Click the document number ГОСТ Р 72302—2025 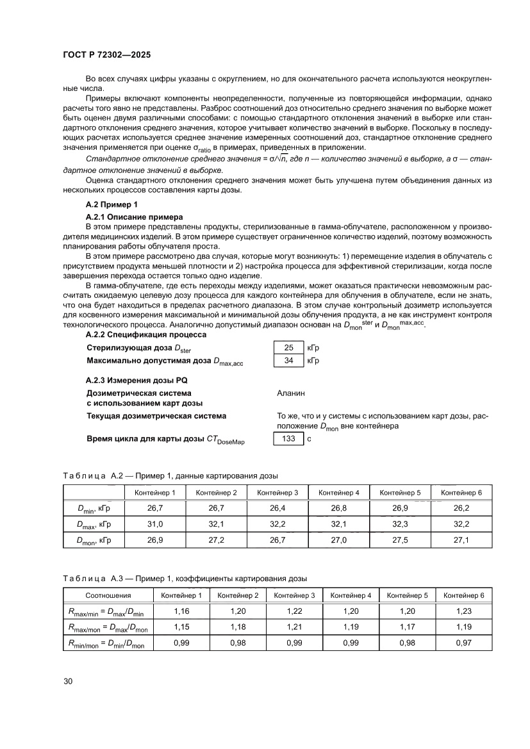click(106, 55)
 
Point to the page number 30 click(69, 680)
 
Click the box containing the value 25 click(288, 348)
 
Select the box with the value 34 click(288, 361)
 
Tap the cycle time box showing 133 click(288, 439)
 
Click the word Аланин click(291, 393)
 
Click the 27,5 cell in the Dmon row click(400, 540)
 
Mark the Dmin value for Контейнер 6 click(461, 508)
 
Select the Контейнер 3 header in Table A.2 click(277, 492)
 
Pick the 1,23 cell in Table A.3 click(463, 611)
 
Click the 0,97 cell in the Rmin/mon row click(463, 643)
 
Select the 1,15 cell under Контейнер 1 click(181, 627)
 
